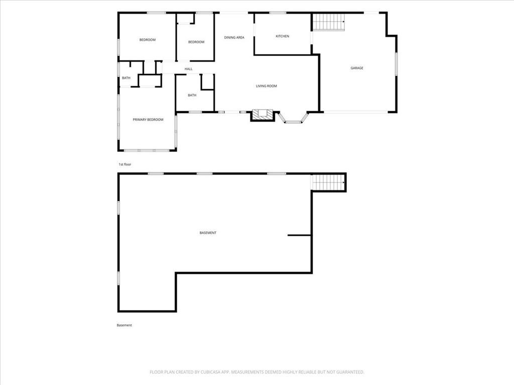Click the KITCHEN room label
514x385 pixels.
point(282,36)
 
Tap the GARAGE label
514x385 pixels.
point(357,68)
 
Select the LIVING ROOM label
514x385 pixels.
point(266,86)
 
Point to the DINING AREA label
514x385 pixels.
point(234,38)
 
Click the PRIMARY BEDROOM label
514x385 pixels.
point(148,120)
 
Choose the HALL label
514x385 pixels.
point(189,69)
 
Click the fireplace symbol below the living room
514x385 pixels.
point(262,115)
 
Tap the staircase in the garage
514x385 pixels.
point(328,22)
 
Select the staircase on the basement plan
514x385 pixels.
point(328,182)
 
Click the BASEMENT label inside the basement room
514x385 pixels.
point(208,233)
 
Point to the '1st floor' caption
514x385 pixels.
point(124,164)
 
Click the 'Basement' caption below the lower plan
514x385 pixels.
point(124,325)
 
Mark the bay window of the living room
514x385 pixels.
point(293,118)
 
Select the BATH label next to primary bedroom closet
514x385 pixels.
point(126,78)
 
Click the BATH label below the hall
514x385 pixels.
point(192,95)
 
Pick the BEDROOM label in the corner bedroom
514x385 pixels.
point(148,40)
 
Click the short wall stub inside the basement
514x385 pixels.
point(299,235)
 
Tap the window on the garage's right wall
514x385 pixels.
point(396,64)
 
